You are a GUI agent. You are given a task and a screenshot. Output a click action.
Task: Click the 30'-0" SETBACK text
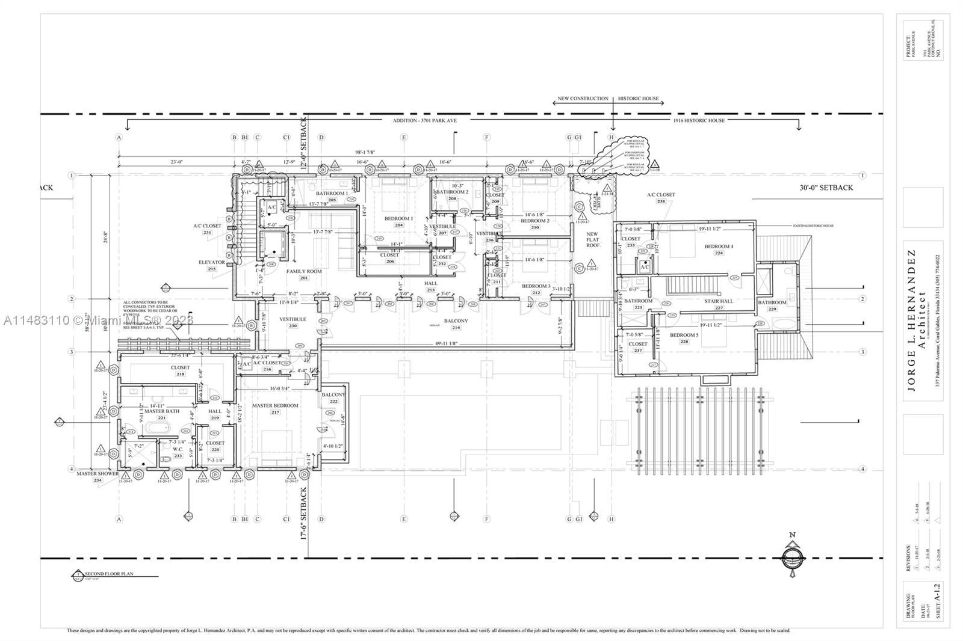point(826,188)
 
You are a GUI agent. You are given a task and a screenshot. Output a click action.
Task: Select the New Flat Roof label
point(592,239)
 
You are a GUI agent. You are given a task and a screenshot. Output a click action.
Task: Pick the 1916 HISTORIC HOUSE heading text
point(699,120)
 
